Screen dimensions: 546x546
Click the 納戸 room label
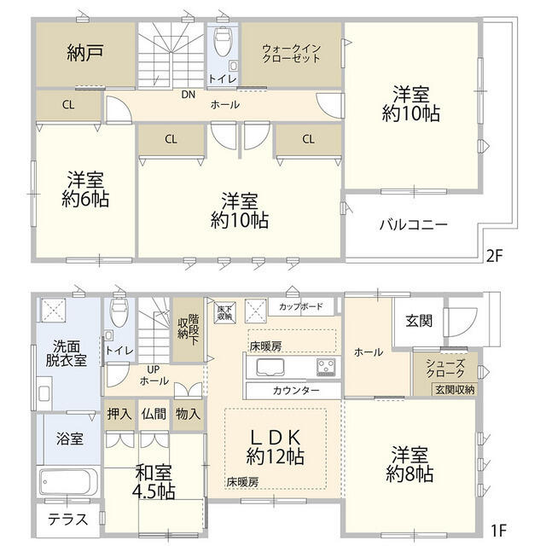click(84, 52)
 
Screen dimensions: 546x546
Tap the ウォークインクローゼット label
click(292, 53)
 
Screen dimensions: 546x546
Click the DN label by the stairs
click(188, 95)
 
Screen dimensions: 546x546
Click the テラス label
click(66, 519)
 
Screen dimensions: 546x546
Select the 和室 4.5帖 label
click(154, 481)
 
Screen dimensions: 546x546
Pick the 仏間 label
click(154, 415)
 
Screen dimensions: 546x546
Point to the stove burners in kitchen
click(325, 368)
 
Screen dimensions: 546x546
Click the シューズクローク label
click(445, 369)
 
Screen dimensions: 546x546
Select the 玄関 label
click(418, 321)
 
